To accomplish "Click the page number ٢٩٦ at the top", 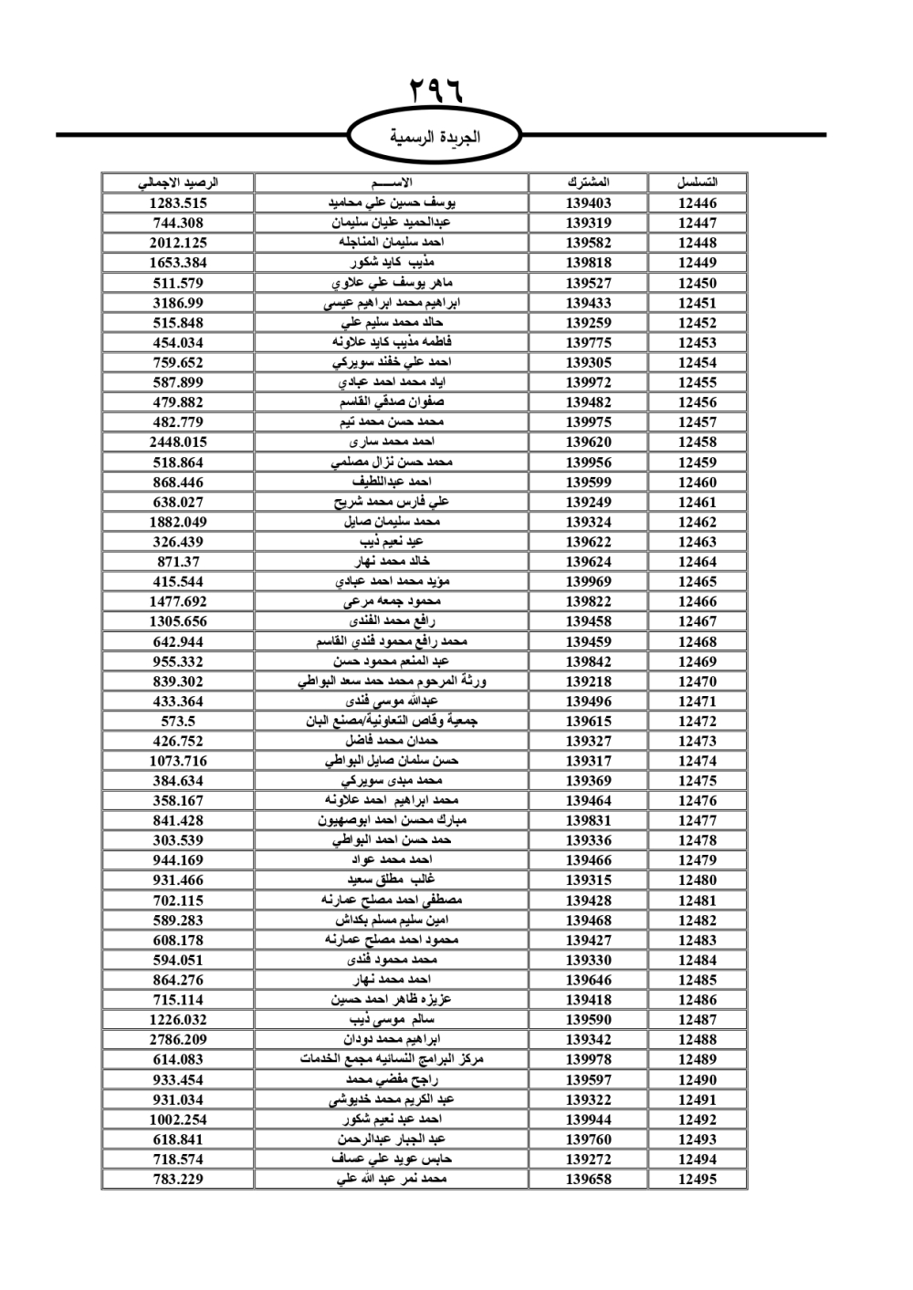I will tap(436, 91).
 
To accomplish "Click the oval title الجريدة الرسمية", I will tap(436, 138).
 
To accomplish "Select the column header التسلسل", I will tap(698, 182).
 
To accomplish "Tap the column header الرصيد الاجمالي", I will tap(178, 182).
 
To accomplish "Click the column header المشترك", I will tap(588, 182).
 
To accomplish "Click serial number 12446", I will tap(698, 203).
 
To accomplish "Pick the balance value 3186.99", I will tap(178, 303).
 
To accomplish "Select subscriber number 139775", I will tap(588, 343).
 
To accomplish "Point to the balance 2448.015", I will tap(178, 442).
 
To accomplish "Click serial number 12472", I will tap(698, 722).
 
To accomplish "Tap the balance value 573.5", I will tap(178, 722).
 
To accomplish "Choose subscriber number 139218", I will tap(588, 681).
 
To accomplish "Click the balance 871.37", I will tap(178, 562).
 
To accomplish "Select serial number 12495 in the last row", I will tap(698, 1180).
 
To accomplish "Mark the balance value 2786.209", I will tap(178, 1040).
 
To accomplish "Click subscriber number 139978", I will tap(588, 1060).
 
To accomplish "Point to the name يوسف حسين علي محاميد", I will tap(392, 203).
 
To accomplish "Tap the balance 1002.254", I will tap(178, 1119).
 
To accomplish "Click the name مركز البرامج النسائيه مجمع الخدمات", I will tap(392, 1060).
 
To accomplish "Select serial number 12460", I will tap(698, 483).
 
